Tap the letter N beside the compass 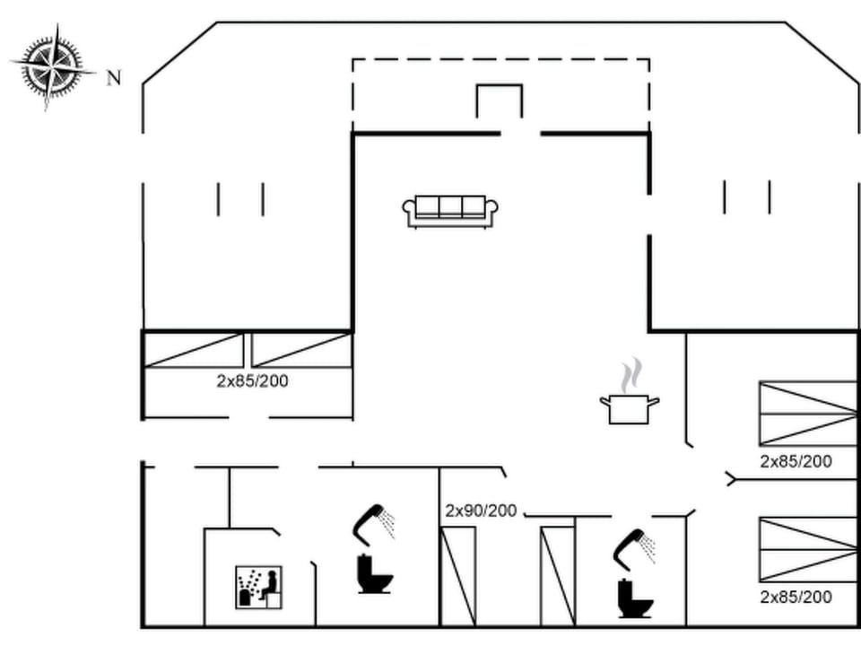(x=114, y=78)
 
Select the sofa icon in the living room (x=450, y=211)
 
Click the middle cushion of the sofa (x=450, y=207)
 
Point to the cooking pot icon (x=629, y=408)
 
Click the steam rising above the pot (x=632, y=372)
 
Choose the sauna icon (x=258, y=588)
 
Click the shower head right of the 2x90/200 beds (x=634, y=546)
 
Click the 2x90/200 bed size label (x=481, y=511)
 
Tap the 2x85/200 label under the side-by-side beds (x=252, y=380)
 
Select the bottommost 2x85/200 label (x=796, y=597)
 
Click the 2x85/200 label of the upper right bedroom (x=796, y=462)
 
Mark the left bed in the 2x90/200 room (x=458, y=576)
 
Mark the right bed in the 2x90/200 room (x=557, y=576)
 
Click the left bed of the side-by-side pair (x=194, y=350)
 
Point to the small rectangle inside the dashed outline (x=499, y=100)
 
